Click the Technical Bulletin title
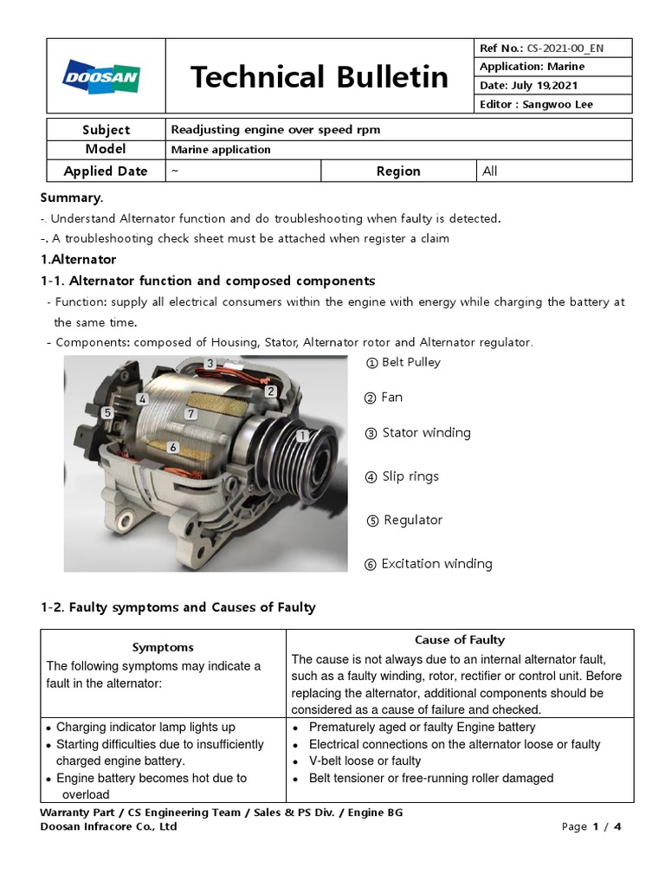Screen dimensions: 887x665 coord(320,77)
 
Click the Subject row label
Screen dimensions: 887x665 coord(106,130)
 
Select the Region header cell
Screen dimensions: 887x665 coord(398,171)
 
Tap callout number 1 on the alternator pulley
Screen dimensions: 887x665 coord(302,437)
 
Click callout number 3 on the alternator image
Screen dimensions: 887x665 coord(210,363)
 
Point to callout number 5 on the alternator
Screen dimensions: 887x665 coord(107,413)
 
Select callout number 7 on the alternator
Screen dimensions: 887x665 coord(191,414)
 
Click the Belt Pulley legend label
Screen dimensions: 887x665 coord(410,362)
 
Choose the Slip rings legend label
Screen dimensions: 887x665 coord(410,476)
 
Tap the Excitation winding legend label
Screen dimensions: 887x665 coord(436,564)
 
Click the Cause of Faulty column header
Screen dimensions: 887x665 coord(460,640)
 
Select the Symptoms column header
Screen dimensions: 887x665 coord(163,647)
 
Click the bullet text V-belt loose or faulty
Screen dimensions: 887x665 coord(365,761)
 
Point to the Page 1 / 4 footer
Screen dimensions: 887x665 coord(591,826)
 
